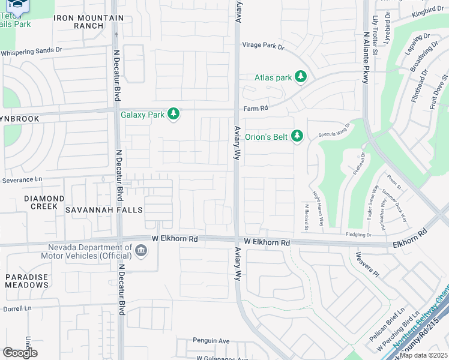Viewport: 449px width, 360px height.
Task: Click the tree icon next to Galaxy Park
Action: click(x=173, y=113)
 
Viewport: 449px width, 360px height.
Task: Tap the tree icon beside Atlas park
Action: click(x=301, y=77)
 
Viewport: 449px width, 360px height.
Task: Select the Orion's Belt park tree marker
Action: click(x=297, y=136)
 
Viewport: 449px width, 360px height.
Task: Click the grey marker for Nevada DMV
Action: click(x=141, y=251)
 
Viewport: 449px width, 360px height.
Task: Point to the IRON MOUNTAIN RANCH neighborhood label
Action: click(x=89, y=22)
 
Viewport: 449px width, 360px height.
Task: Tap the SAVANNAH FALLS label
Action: click(x=104, y=210)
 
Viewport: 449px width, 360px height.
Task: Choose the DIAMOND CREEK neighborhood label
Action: click(x=44, y=202)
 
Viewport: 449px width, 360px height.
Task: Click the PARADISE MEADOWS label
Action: click(x=27, y=280)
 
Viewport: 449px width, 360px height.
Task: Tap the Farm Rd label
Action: click(x=255, y=109)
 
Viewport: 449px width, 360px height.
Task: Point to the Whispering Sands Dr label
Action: click(x=31, y=52)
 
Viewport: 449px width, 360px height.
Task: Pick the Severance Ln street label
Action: click(x=23, y=179)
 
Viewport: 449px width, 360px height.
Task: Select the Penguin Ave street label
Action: click(x=211, y=341)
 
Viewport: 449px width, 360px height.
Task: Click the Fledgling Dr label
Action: click(x=360, y=235)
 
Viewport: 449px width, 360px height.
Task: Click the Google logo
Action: click(x=20, y=352)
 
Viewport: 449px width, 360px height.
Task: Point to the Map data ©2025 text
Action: click(x=423, y=355)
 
